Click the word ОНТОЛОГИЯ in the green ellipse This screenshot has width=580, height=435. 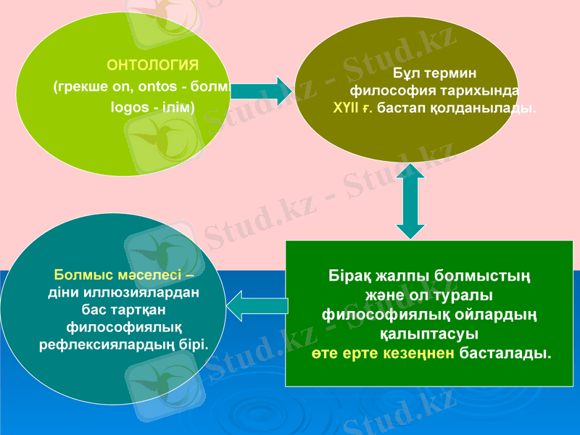click(153, 65)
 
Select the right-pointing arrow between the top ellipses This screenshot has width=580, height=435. click(261, 91)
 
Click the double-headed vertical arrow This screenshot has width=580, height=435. click(410, 201)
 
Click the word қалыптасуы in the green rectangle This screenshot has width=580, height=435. click(429, 335)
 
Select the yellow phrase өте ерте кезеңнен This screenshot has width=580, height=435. click(384, 354)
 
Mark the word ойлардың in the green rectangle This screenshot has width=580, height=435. click(500, 315)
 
